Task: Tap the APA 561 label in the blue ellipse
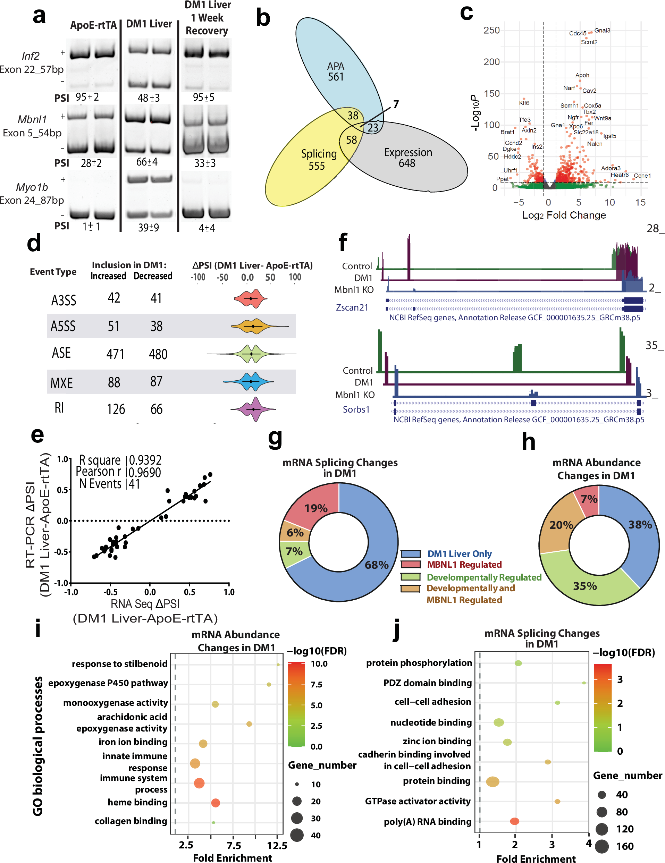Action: click(336, 71)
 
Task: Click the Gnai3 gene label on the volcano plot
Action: click(602, 31)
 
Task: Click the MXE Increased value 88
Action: click(114, 382)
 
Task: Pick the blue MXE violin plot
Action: click(251, 382)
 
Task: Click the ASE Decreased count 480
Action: click(158, 354)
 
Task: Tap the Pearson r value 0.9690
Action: click(145, 472)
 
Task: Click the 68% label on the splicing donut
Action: click(376, 565)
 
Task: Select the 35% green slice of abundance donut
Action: click(585, 586)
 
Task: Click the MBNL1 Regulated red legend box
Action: click(411, 564)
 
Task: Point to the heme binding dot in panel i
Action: click(215, 803)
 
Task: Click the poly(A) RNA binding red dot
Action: click(514, 821)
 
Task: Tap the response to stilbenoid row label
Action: click(119, 664)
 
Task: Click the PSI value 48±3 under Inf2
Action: click(149, 98)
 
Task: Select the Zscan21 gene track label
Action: click(352, 307)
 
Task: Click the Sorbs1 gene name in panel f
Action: click(356, 409)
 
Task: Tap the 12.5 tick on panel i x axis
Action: click(277, 845)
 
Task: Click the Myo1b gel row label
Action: click(32, 187)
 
